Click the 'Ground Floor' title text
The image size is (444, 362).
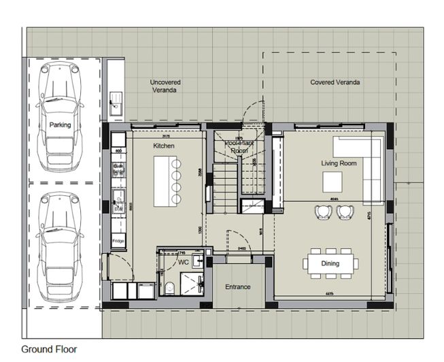click(49, 349)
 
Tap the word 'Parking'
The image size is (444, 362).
click(60, 125)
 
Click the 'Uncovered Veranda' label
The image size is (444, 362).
click(165, 86)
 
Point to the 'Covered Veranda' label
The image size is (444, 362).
click(335, 82)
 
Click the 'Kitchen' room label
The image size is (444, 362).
click(164, 146)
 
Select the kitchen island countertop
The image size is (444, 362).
click(163, 180)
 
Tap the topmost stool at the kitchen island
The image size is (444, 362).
click(179, 165)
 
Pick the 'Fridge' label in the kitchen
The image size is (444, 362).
click(118, 241)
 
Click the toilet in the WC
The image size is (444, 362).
click(169, 286)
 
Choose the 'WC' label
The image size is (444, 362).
click(183, 262)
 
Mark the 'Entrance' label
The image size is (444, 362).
click(238, 287)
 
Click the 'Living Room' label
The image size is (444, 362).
click(339, 164)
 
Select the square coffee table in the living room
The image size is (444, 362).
click(332, 182)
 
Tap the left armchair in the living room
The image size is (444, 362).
click(322, 212)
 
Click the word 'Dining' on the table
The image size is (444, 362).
click(330, 263)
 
